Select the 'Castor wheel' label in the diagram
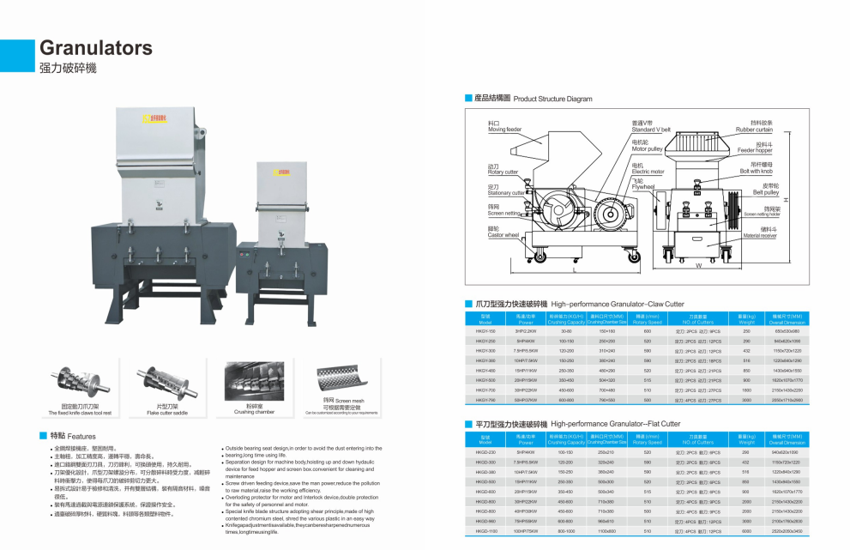click(x=503, y=235)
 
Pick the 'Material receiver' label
click(x=760, y=235)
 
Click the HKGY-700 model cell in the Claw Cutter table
click(x=485, y=390)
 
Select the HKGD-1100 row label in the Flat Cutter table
click(x=486, y=530)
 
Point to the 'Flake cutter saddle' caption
click(x=165, y=413)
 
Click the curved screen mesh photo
click(x=343, y=379)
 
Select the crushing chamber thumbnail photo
click(x=254, y=380)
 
